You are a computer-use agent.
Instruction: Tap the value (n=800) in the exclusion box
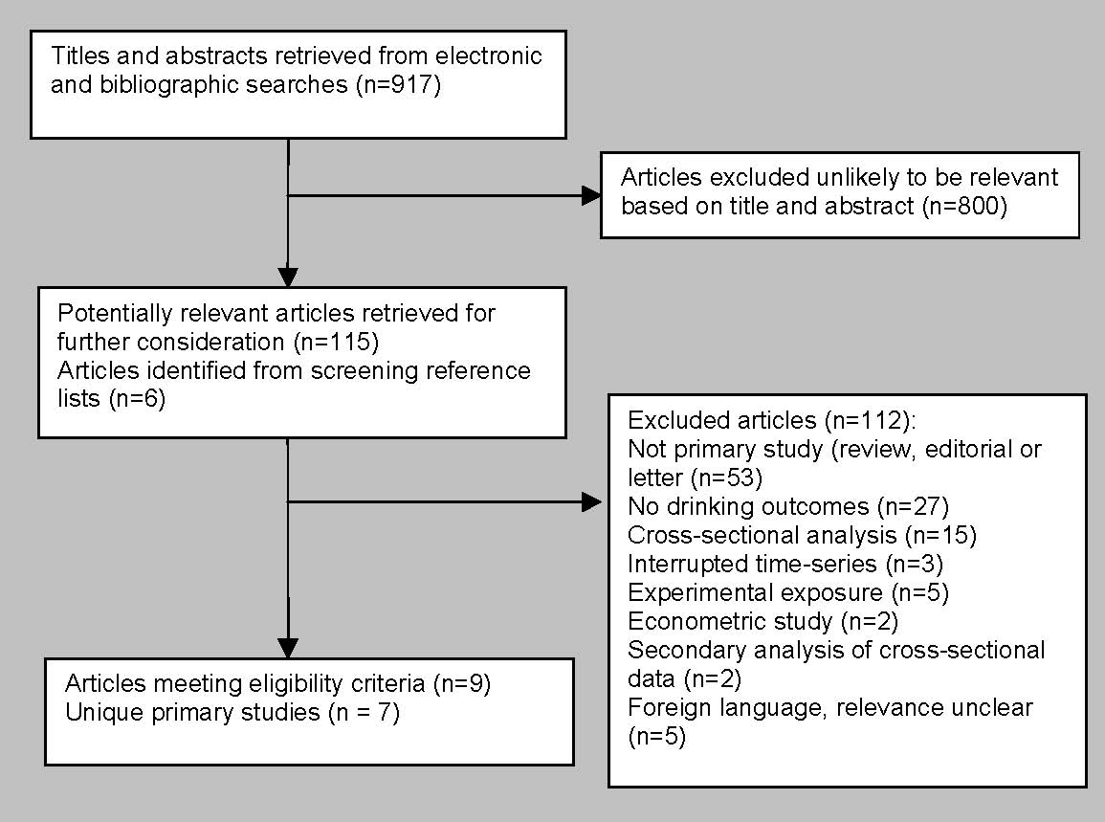(x=964, y=206)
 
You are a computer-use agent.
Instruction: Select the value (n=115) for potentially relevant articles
(x=336, y=342)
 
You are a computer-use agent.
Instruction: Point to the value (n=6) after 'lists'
(x=138, y=399)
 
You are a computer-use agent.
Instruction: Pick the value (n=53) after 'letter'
(x=727, y=478)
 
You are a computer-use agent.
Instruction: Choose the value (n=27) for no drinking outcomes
(x=914, y=507)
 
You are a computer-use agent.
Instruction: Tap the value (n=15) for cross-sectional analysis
(x=940, y=536)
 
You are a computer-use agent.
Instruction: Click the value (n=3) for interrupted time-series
(x=914, y=565)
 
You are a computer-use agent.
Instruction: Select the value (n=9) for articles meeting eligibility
(x=461, y=684)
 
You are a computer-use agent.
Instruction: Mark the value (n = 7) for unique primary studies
(x=365, y=713)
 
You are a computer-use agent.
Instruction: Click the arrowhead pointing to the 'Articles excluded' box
(x=591, y=195)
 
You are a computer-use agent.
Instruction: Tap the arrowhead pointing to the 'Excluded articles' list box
(x=592, y=502)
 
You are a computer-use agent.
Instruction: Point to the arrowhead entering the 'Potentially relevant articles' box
(x=288, y=278)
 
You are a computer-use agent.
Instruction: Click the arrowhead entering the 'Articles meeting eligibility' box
(x=288, y=649)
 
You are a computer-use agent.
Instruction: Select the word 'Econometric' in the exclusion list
(x=730, y=622)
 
